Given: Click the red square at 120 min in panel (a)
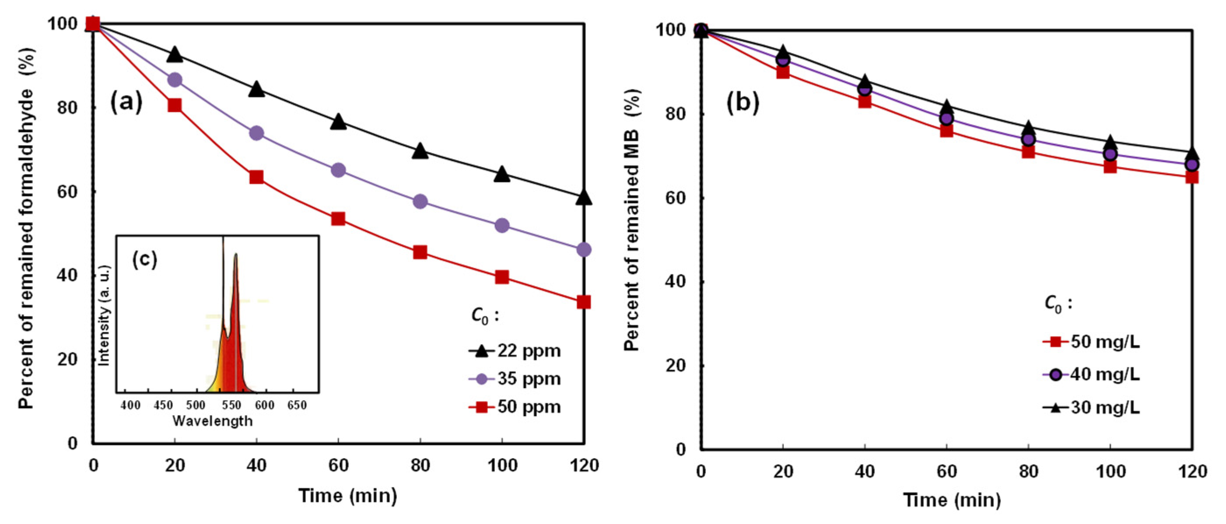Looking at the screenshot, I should click(x=584, y=302).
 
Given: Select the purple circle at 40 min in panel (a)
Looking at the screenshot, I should click(x=256, y=133).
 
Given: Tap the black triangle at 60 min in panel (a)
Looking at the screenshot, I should click(x=338, y=121).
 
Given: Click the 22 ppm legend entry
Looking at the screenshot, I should click(x=515, y=351).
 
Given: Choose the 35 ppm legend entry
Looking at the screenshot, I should click(x=515, y=379).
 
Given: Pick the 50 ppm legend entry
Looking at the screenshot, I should click(x=515, y=407).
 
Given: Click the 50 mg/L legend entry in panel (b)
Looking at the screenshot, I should click(x=1092, y=342).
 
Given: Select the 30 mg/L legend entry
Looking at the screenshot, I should click(x=1092, y=408).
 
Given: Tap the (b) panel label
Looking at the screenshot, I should click(x=743, y=103).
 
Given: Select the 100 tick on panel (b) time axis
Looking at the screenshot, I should click(x=1110, y=471).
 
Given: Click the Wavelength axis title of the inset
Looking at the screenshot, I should click(x=212, y=421).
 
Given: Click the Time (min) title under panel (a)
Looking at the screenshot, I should click(x=347, y=496).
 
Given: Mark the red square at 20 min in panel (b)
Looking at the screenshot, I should click(x=783, y=72).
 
